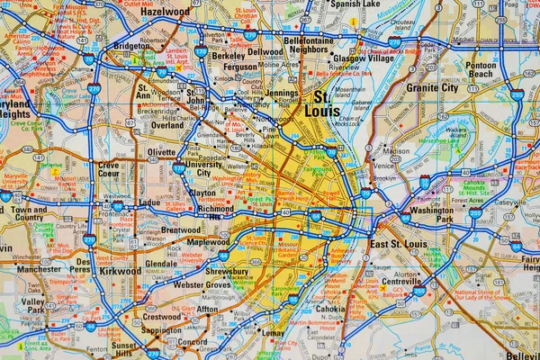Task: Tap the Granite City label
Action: point(433,88)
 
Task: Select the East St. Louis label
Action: point(397,245)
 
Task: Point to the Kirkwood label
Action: point(120,270)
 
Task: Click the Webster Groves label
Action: point(202,284)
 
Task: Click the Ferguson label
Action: point(240,67)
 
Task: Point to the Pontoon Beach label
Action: point(481,70)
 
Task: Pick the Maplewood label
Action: point(208,242)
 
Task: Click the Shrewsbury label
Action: point(227,271)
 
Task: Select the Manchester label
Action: point(39,269)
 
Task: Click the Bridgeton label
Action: point(132,45)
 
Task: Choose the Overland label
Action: point(167,126)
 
